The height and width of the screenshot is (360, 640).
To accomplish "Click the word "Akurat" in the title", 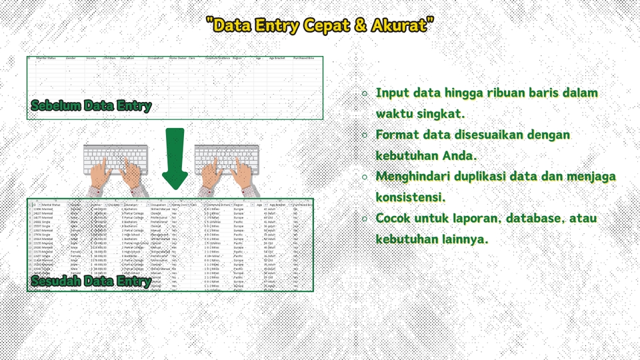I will (403, 26).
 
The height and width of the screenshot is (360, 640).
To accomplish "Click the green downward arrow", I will (175, 159).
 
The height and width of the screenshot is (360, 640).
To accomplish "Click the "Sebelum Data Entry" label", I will (91, 106).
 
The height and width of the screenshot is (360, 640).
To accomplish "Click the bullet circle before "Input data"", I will (364, 93).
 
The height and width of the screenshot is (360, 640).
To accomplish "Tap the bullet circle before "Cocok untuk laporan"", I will (364, 219).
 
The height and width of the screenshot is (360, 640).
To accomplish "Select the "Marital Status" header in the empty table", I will (46, 58).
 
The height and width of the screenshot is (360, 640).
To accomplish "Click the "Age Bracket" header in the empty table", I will (277, 58).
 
